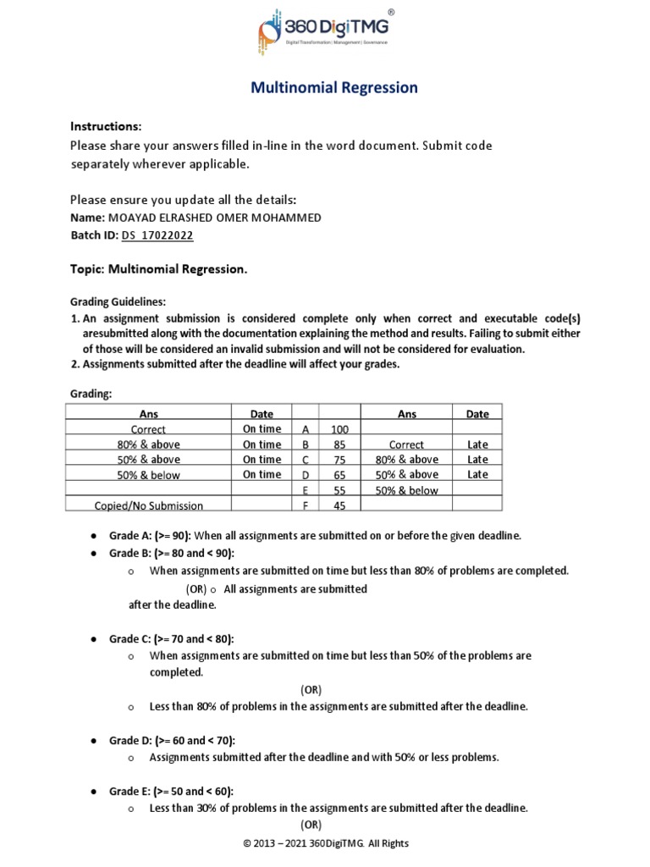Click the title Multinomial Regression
(x=333, y=88)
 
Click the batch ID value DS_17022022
(x=157, y=235)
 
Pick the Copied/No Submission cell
(x=149, y=505)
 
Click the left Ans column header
(x=149, y=414)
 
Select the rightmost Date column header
(x=477, y=414)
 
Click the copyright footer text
(x=326, y=843)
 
